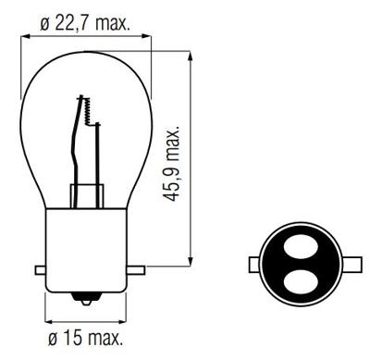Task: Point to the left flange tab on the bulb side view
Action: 40,269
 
